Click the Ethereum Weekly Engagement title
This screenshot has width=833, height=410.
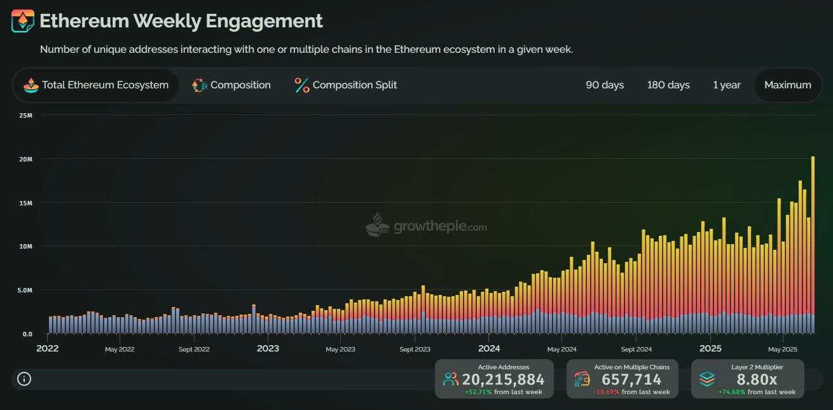(181, 21)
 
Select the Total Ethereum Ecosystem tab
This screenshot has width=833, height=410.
(96, 85)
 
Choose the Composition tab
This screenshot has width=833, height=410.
(231, 85)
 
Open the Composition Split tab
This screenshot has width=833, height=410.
(346, 85)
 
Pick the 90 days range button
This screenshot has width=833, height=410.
(605, 85)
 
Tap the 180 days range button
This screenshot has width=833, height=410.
(668, 85)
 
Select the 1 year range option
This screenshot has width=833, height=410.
(727, 85)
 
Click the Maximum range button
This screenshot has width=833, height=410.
(788, 85)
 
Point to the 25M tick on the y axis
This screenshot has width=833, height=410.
(25, 115)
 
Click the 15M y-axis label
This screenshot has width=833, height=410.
(25, 203)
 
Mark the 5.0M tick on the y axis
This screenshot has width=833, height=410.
(24, 290)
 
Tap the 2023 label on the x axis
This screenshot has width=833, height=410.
(268, 348)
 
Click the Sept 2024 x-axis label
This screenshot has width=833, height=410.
(636, 349)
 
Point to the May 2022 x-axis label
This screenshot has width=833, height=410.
(120, 349)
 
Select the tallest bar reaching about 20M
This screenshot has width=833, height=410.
(813, 245)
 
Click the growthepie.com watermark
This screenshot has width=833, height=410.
(427, 226)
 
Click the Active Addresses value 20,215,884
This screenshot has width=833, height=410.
(503, 379)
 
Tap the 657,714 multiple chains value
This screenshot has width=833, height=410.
(631, 379)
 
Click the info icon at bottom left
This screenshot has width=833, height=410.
(24, 379)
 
